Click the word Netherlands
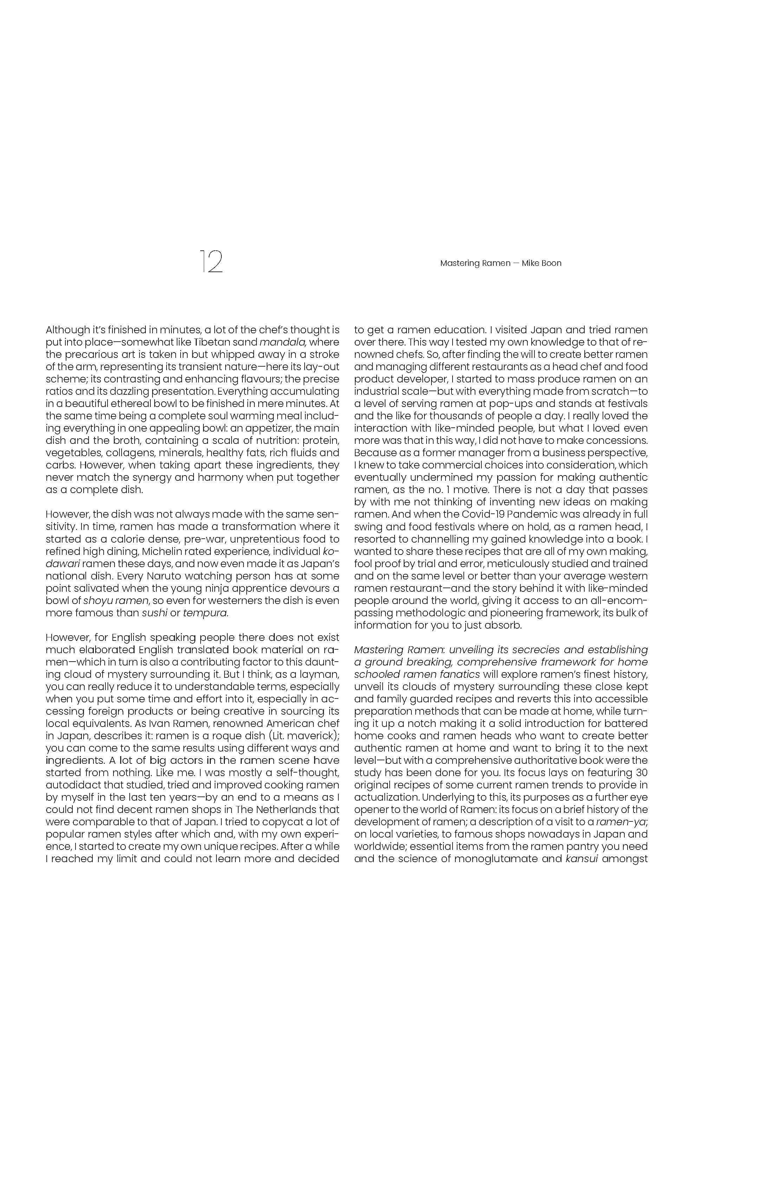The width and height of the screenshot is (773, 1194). pyautogui.click(x=289, y=809)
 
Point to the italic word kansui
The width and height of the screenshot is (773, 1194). pyautogui.click(x=582, y=858)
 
